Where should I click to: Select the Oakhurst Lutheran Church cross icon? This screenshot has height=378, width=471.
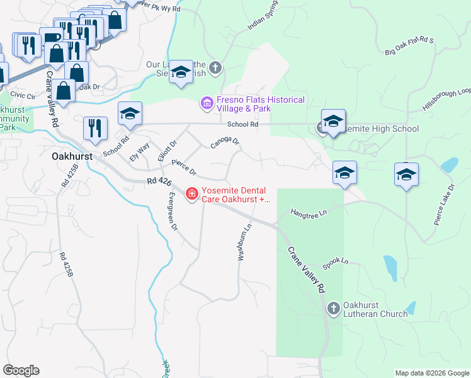333,309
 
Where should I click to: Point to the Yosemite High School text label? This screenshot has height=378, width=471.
378,129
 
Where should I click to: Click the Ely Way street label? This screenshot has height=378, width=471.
139,152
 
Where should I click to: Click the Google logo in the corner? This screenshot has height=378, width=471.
21,370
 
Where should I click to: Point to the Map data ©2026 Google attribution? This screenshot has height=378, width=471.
431,373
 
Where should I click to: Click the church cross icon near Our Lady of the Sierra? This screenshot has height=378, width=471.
216,67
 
